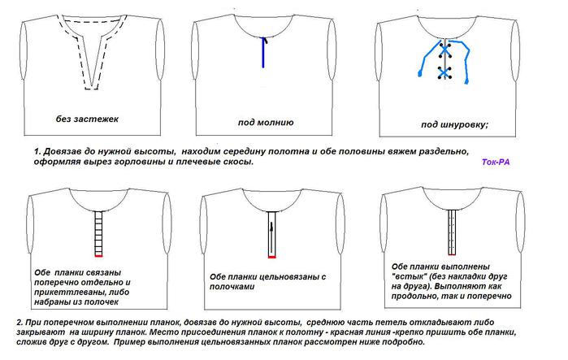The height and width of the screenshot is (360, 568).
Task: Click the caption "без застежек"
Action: pyautogui.click(x=87, y=119)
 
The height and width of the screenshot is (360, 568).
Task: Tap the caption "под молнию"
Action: pyautogui.click(x=266, y=123)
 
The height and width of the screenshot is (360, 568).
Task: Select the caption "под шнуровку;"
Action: pyautogui.click(x=454, y=125)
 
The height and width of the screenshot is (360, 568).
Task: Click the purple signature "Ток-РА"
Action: pyautogui.click(x=496, y=162)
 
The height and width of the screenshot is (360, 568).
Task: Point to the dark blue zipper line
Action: pyautogui.click(x=263, y=53)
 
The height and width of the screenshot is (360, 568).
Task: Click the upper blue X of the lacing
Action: pyautogui.click(x=444, y=50)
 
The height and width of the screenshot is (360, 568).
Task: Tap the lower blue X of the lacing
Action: pyautogui.click(x=444, y=73)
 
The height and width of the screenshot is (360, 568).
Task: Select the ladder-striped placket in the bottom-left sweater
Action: pyautogui.click(x=98, y=233)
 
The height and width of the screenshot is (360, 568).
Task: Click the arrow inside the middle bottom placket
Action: pyautogui.click(x=271, y=237)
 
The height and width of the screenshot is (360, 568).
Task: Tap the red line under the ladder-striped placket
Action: pyautogui.click(x=98, y=257)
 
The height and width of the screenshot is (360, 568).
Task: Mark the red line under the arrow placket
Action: pyautogui.click(x=272, y=257)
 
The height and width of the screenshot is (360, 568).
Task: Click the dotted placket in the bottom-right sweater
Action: pyautogui.click(x=452, y=232)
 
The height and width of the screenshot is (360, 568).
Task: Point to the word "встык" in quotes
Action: pyautogui.click(x=407, y=276)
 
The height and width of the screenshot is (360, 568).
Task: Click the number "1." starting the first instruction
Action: pyautogui.click(x=37, y=151)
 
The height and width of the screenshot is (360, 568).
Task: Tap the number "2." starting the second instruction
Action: pyautogui.click(x=20, y=323)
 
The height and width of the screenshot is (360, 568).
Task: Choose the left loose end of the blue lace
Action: pyautogui.click(x=421, y=74)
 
